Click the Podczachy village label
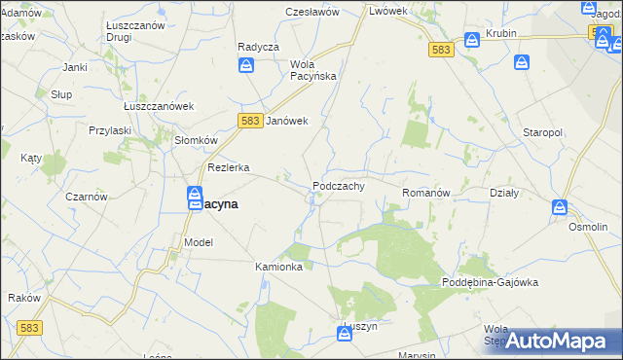coord(339,186)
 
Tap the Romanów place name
coord(426,194)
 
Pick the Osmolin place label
coord(589,226)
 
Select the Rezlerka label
coord(228,167)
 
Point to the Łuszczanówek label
coord(160,106)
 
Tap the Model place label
coord(198,242)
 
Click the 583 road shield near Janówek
coord(248,120)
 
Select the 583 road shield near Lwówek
coord(441,50)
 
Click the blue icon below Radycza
coord(247,65)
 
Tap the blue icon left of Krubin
coord(472,40)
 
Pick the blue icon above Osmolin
coord(560,207)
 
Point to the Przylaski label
coord(110,129)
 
